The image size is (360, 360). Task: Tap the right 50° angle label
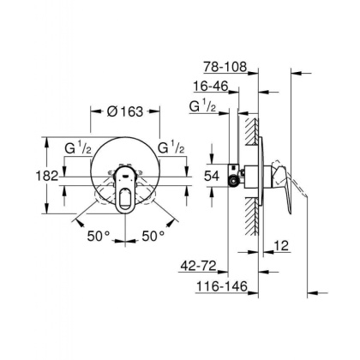153,234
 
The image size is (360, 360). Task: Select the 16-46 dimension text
212,87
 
